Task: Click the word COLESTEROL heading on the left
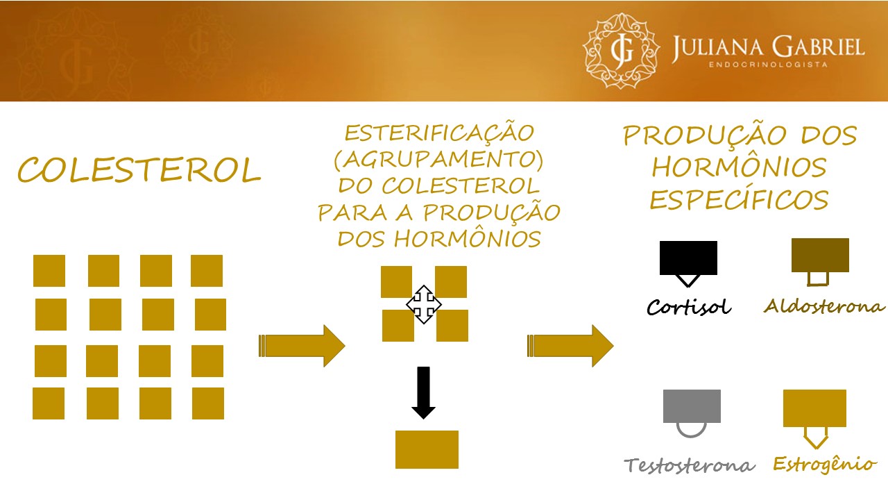(x=139, y=170)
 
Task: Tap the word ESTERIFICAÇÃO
(x=439, y=133)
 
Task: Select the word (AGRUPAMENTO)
(x=438, y=160)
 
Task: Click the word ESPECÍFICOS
(x=739, y=200)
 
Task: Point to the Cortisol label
(x=689, y=307)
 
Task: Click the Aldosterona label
(x=825, y=306)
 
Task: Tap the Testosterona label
(x=690, y=465)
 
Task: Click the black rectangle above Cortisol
(x=688, y=258)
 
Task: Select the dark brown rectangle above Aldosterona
(x=820, y=255)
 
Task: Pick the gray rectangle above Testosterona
(x=692, y=406)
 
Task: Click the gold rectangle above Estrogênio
(x=814, y=408)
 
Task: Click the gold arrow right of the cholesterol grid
(x=302, y=345)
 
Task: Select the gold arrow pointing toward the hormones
(x=570, y=345)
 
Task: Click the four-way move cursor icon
(x=423, y=304)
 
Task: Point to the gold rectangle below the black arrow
(x=427, y=449)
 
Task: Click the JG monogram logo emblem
(x=618, y=50)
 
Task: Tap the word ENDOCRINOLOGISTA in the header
(x=767, y=65)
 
